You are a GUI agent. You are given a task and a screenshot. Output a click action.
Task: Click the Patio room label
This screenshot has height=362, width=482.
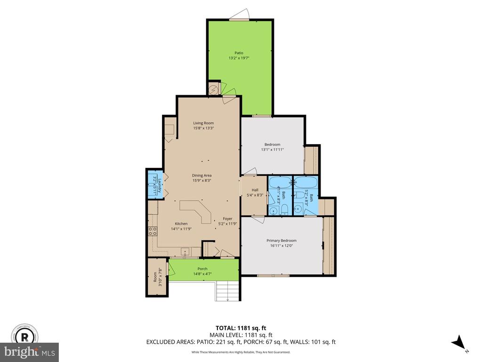point(239,53)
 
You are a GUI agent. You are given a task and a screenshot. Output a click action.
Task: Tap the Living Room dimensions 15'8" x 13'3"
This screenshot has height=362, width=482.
point(203,128)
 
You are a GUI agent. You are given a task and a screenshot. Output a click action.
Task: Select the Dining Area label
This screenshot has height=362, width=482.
point(201,175)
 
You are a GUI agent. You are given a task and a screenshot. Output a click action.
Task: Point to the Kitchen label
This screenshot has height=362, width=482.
point(181,224)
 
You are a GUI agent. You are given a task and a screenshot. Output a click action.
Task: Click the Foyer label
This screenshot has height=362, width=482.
point(227,219)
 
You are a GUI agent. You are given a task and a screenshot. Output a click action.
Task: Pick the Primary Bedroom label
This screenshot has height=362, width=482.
point(281,241)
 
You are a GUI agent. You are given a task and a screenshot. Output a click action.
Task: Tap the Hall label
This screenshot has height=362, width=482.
point(255,190)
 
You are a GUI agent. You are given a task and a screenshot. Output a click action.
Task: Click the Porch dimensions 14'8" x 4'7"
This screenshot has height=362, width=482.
point(202,274)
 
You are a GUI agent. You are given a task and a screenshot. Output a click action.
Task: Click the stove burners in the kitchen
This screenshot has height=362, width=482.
point(153,231)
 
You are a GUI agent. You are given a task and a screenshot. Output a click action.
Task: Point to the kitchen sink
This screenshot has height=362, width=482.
point(185,252)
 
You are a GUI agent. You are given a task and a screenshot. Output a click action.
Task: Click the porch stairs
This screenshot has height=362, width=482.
point(227,291)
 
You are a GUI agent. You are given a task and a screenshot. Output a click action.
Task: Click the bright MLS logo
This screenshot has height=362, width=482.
point(30,352)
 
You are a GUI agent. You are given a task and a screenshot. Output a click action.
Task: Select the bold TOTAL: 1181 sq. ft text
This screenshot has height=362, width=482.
point(241,328)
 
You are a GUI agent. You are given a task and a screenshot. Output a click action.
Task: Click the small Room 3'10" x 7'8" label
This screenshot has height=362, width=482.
point(157,278)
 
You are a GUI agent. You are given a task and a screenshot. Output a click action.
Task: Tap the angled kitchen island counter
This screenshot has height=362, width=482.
point(196,211)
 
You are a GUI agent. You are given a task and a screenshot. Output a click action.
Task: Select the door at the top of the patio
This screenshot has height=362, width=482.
point(239,15)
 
